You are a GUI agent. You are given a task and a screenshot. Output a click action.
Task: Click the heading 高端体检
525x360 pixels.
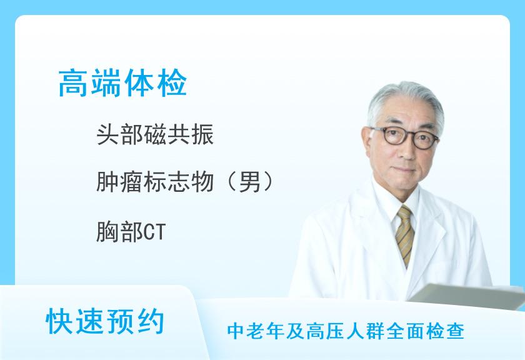(122, 83)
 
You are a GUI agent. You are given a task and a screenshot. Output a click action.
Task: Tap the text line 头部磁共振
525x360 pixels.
(155, 134)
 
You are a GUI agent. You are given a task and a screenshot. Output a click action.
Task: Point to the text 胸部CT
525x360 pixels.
(131, 232)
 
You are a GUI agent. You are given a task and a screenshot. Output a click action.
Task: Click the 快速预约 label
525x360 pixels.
(105, 321)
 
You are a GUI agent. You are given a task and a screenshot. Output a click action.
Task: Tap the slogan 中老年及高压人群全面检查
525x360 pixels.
(346, 331)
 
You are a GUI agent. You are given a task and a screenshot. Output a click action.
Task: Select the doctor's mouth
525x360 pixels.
(409, 170)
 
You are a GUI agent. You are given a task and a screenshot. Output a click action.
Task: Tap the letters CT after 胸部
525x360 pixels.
(155, 232)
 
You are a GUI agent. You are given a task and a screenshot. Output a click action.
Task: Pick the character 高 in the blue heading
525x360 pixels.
(74, 83)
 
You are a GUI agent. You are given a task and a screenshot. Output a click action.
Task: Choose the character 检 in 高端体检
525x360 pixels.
(172, 83)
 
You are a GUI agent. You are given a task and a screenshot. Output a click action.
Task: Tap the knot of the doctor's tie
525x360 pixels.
(405, 212)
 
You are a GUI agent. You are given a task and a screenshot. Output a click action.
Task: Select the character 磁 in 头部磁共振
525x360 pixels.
(155, 134)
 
